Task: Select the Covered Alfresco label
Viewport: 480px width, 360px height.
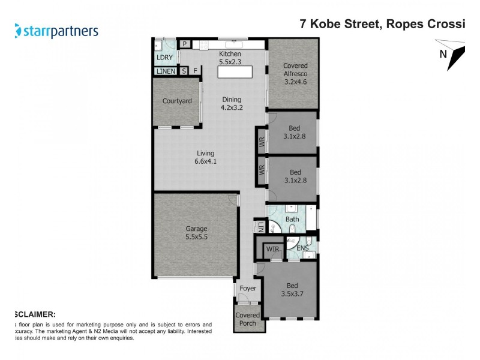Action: click(295, 74)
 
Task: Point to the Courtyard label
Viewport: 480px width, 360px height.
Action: click(177, 101)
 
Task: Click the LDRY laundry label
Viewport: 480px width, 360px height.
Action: click(164, 58)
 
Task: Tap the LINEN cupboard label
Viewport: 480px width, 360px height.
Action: click(166, 71)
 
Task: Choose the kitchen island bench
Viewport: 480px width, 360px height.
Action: click(234, 71)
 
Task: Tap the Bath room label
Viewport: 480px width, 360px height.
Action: click(292, 220)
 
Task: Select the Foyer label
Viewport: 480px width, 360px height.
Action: click(247, 289)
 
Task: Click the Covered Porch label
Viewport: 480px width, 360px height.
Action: click(247, 319)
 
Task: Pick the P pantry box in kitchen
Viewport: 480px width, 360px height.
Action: click(185, 43)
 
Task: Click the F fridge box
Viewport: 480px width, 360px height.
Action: click(195, 71)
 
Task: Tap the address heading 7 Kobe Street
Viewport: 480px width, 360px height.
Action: click(382, 25)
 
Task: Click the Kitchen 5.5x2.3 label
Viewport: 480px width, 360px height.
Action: click(230, 58)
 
